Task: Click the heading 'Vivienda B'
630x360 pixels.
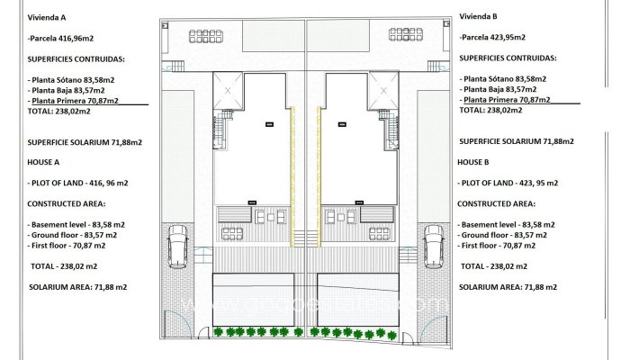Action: (x=480, y=15)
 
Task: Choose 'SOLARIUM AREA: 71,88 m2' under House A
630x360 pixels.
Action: (x=78, y=286)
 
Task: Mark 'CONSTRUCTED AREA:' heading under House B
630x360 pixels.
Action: (x=497, y=203)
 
